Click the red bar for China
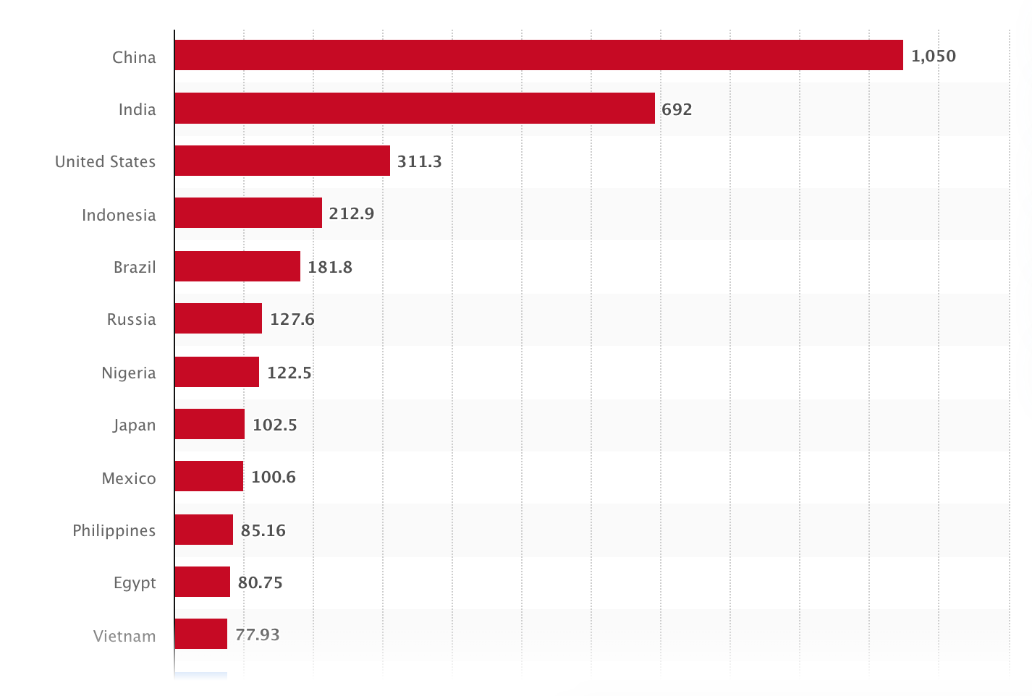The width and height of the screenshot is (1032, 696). click(538, 55)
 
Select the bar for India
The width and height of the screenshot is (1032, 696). click(415, 108)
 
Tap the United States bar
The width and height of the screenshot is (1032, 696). click(282, 161)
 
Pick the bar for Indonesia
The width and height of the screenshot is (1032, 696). click(248, 213)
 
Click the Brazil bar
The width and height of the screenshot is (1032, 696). click(237, 266)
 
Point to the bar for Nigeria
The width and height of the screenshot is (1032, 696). click(216, 372)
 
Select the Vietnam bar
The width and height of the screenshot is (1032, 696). click(200, 634)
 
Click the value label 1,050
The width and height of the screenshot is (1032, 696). click(933, 56)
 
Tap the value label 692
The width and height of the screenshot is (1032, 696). click(677, 109)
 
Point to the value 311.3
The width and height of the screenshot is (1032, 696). click(419, 161)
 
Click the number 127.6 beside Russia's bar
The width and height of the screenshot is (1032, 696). click(292, 319)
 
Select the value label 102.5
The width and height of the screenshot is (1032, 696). click(274, 425)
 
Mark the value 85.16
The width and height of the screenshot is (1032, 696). click(263, 530)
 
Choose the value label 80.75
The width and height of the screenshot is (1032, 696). click(260, 582)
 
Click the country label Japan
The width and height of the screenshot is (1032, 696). click(134, 425)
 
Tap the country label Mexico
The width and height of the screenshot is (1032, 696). click(129, 478)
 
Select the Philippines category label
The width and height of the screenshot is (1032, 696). click(114, 530)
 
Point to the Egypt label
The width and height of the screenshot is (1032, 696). click(135, 583)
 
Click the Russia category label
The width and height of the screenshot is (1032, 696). click(131, 319)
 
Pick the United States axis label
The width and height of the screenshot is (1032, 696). click(105, 161)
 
